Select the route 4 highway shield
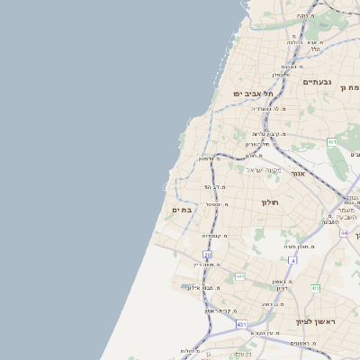[292, 260]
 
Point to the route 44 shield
[344, 232]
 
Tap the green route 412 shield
[315, 288]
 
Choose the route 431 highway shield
[240, 323]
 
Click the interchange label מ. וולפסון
[213, 159]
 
